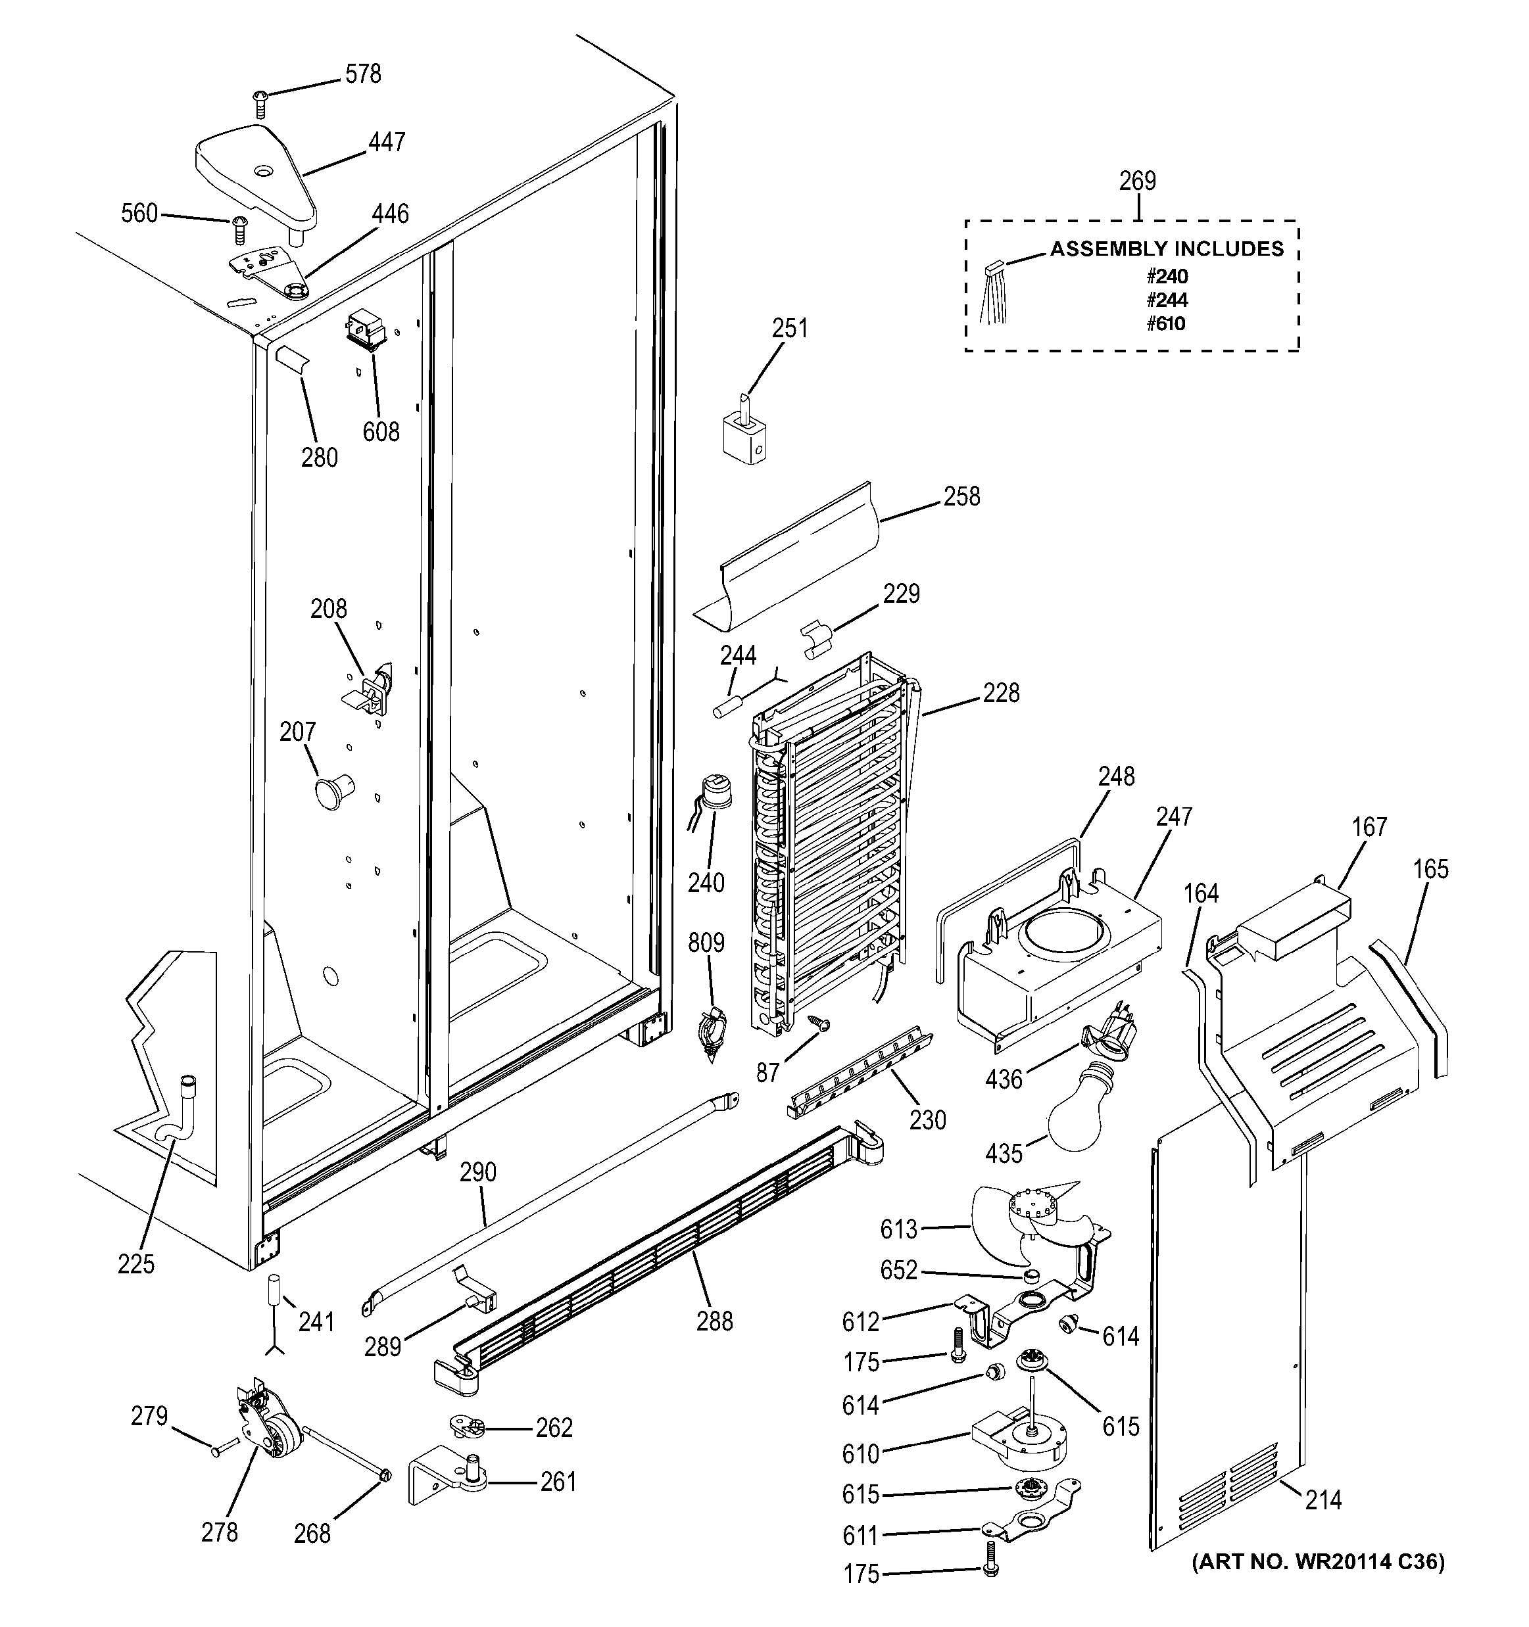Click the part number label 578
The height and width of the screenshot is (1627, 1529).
pyautogui.click(x=362, y=74)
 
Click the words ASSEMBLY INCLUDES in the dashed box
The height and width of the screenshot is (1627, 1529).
pyautogui.click(x=1167, y=248)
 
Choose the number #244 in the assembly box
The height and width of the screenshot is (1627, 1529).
pyautogui.click(x=1167, y=300)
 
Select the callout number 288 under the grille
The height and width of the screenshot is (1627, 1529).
pyautogui.click(x=715, y=1321)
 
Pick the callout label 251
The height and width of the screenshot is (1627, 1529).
pyautogui.click(x=789, y=328)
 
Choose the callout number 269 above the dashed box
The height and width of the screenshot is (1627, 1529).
pyautogui.click(x=1137, y=181)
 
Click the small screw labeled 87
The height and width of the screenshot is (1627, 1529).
pyautogui.click(x=817, y=1022)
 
